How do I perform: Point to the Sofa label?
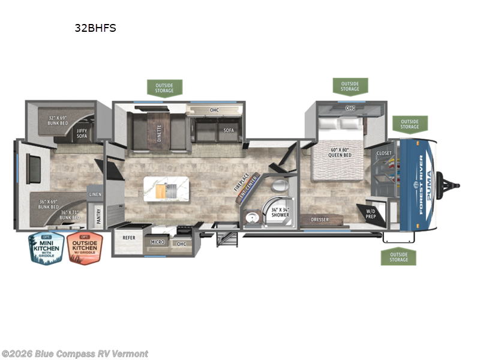point(229,130)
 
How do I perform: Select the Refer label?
point(129,238)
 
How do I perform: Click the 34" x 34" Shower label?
point(280,212)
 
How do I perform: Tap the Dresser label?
point(319,220)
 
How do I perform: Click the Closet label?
point(384,154)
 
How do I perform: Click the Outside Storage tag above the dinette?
point(164,88)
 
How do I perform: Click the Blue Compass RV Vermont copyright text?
point(74,353)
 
